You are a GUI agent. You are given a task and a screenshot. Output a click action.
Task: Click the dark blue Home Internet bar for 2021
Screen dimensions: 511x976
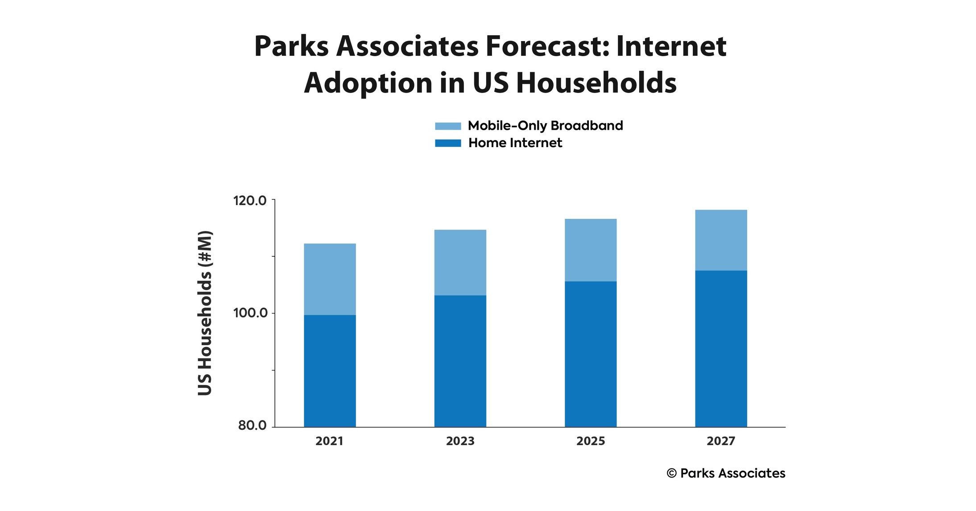click(x=330, y=371)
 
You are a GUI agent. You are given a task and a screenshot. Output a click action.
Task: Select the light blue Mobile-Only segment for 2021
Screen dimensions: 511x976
click(x=330, y=279)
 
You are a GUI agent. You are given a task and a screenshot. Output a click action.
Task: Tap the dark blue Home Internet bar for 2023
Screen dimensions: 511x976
click(x=460, y=361)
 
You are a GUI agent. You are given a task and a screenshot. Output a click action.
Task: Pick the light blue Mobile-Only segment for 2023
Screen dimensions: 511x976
click(x=460, y=262)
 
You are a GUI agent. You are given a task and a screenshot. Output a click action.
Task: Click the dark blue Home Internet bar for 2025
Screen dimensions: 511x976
click(x=591, y=354)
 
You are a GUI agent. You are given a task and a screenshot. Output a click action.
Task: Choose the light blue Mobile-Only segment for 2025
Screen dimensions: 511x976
click(x=591, y=250)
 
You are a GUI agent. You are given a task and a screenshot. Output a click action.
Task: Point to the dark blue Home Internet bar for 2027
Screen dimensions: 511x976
click(x=721, y=349)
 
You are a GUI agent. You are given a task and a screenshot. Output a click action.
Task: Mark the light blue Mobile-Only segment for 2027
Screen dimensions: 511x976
click(x=721, y=240)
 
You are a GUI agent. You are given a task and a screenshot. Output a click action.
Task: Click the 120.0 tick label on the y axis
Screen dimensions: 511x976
click(x=250, y=201)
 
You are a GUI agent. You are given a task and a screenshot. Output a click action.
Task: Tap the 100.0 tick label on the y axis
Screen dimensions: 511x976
click(x=250, y=313)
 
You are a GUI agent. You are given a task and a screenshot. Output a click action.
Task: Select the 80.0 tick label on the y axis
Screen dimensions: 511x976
click(x=252, y=425)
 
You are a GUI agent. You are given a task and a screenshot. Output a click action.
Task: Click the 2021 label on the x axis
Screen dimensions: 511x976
click(x=329, y=441)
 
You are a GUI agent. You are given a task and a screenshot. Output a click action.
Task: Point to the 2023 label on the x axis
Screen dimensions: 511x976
click(x=460, y=441)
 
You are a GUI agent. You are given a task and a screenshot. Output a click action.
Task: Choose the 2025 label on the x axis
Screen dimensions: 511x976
click(x=591, y=441)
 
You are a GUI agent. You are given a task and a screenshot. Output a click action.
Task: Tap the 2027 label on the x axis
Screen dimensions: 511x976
click(x=721, y=441)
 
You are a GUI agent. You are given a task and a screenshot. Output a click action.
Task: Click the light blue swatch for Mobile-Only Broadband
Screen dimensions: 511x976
click(x=448, y=126)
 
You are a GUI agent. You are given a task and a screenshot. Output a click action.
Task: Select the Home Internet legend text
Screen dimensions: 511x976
click(x=515, y=143)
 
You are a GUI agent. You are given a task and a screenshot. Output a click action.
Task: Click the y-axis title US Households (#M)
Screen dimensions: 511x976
click(x=205, y=313)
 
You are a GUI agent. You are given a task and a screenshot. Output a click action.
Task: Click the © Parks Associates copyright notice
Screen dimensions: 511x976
click(x=726, y=473)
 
